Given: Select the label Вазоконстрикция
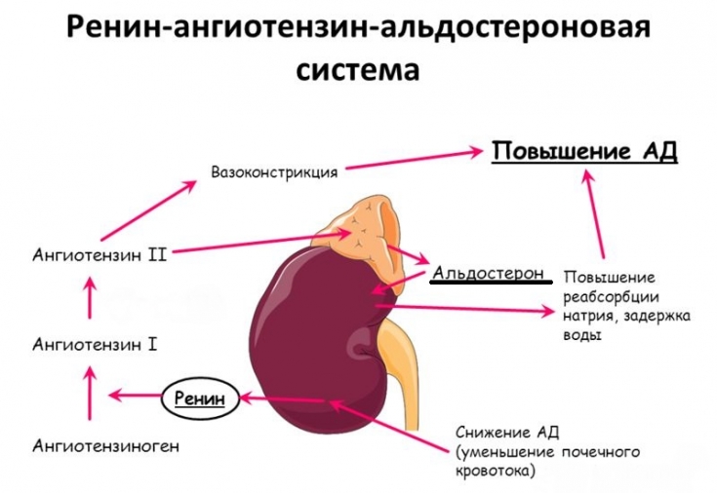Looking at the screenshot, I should (x=274, y=171).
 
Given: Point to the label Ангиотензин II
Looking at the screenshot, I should (x=100, y=255).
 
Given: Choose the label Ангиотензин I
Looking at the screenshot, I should (x=95, y=344).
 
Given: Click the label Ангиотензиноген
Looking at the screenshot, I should (x=106, y=446).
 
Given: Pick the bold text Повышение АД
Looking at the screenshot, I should (x=584, y=152).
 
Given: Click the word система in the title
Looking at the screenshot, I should (x=358, y=70).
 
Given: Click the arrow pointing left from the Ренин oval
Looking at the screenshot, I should (x=134, y=396).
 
